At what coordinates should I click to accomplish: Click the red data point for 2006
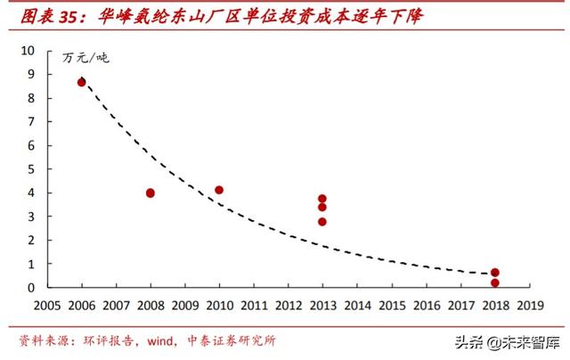pos(82,82)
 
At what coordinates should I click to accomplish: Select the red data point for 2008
pos(151,192)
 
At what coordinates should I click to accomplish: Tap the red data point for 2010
pos(219,190)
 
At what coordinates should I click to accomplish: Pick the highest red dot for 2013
pos(322,199)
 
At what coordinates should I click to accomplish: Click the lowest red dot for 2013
pos(322,222)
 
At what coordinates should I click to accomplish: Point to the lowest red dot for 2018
pos(495,282)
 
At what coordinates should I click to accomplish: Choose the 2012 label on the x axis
pos(288,305)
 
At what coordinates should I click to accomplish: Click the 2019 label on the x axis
pos(529,305)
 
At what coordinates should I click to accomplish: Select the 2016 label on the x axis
pos(426,305)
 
